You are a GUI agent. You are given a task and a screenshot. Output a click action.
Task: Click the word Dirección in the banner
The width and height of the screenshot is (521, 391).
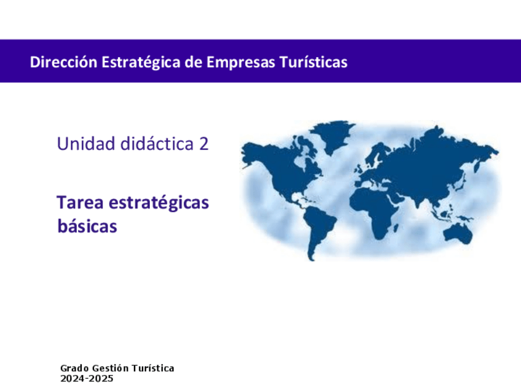click(x=63, y=62)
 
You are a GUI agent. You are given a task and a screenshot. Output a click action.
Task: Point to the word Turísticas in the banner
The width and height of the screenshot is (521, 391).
click(x=313, y=62)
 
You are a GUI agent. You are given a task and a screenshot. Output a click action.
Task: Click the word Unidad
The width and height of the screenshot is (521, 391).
click(x=87, y=144)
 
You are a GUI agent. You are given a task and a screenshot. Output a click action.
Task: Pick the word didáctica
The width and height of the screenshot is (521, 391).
click(x=157, y=144)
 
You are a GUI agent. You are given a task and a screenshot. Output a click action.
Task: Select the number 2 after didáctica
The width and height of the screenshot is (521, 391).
click(x=204, y=144)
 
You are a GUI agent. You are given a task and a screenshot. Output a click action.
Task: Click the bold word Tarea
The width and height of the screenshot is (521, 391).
click(x=80, y=202)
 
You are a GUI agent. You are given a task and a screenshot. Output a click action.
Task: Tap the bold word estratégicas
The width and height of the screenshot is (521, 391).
click(x=159, y=203)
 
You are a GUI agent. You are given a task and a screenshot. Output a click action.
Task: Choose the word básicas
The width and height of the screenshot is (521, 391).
click(x=87, y=226)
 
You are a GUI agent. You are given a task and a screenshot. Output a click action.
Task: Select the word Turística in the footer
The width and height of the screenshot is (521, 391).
click(x=153, y=368)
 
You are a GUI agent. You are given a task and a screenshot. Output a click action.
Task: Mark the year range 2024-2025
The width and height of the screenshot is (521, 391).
click(x=87, y=379)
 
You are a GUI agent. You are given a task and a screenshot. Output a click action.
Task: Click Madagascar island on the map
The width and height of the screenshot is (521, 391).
click(x=396, y=227)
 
